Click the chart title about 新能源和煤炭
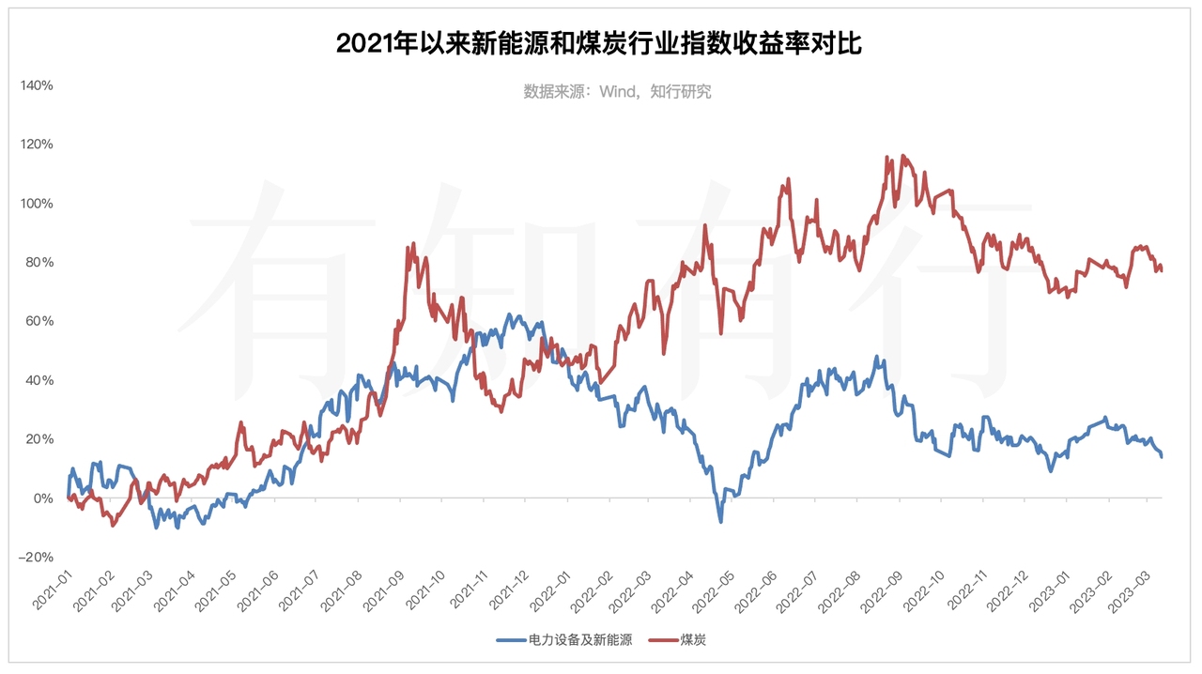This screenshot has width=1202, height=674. click(x=599, y=43)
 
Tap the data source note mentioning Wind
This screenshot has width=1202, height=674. click(x=617, y=91)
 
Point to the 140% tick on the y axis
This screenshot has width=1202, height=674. click(x=37, y=85)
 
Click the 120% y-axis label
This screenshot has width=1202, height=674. click(x=37, y=145)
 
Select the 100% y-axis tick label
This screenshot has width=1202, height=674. click(x=37, y=204)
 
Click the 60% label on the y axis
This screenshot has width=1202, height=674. click(x=39, y=321)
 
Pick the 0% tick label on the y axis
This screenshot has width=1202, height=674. click(x=42, y=498)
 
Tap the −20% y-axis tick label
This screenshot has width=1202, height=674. click(x=36, y=557)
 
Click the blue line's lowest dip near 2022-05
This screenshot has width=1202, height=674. click(x=721, y=521)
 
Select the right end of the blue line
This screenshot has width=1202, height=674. click(x=1162, y=456)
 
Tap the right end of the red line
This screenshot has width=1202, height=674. click(x=1162, y=270)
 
